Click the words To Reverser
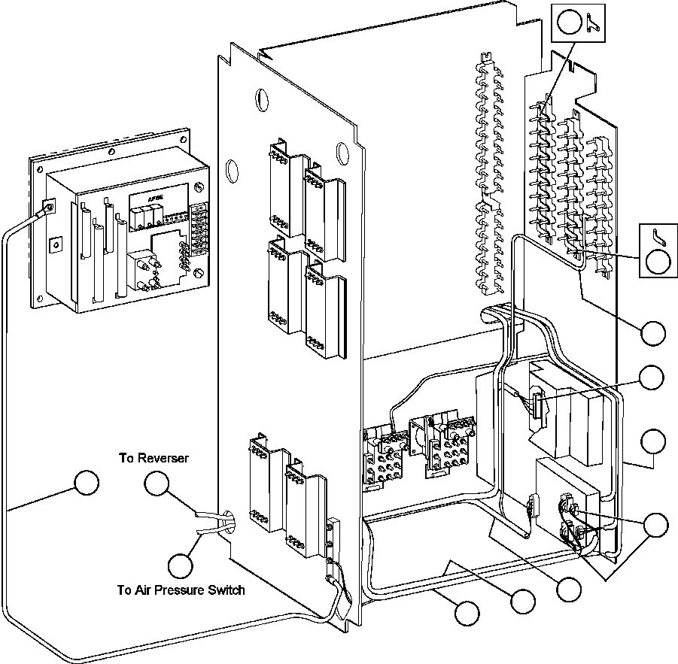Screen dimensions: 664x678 (154, 458)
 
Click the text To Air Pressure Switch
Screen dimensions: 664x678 (181, 590)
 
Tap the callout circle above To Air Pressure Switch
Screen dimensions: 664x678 (181, 565)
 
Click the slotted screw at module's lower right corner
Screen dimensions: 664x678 (198, 273)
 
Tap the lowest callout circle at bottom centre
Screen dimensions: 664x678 (467, 614)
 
